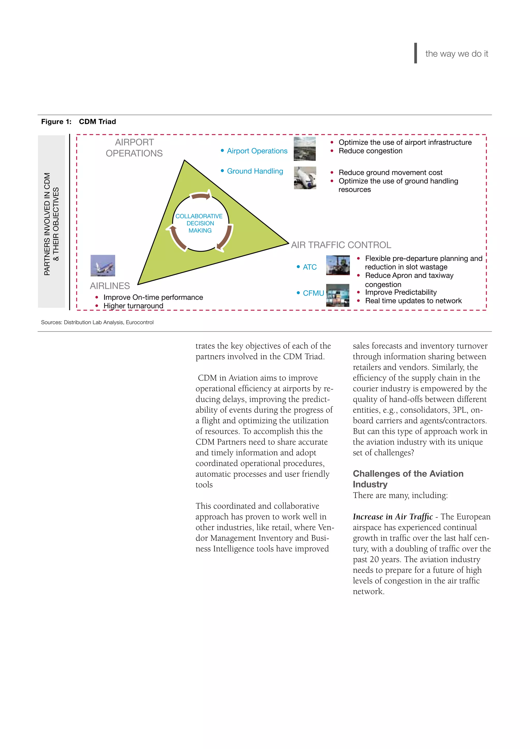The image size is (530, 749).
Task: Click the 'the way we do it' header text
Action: click(x=456, y=54)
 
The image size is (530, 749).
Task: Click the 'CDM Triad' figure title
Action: click(x=97, y=122)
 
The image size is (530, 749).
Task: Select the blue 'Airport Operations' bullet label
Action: click(x=257, y=151)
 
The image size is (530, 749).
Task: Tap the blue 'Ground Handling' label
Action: click(x=255, y=171)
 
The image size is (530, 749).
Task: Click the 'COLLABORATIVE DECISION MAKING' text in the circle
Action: click(x=200, y=223)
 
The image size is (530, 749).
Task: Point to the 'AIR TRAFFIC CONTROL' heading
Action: click(x=341, y=245)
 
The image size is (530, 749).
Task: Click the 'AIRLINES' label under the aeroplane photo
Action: click(x=110, y=286)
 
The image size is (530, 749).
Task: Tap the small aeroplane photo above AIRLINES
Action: click(x=103, y=266)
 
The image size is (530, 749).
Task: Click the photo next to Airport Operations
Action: click(x=305, y=149)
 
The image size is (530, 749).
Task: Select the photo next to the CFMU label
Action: click(x=338, y=295)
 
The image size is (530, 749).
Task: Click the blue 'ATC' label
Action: click(x=310, y=267)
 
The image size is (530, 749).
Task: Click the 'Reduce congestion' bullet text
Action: click(x=370, y=151)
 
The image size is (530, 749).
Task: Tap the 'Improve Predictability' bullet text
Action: click(x=401, y=292)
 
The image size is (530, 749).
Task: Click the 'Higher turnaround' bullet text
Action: click(x=133, y=306)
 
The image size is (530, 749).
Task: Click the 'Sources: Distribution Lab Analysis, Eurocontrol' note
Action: click(x=97, y=322)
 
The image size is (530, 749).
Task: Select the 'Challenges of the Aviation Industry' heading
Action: click(x=408, y=479)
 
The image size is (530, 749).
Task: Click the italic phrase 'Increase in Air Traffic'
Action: click(x=393, y=517)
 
